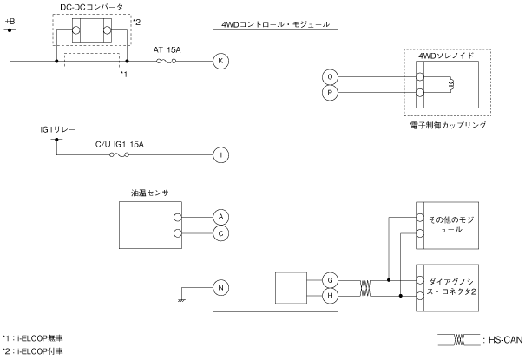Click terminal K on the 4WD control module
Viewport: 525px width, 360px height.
(x=220, y=62)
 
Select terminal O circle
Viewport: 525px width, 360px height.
(x=330, y=77)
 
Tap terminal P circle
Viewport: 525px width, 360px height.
(x=330, y=93)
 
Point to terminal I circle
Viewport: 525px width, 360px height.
(x=220, y=155)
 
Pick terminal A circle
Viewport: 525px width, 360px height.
(x=220, y=217)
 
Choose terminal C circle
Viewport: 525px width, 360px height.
(x=220, y=233)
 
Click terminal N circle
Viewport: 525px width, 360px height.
(x=220, y=288)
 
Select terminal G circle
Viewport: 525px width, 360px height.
(x=330, y=280)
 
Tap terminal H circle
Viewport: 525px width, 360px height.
(x=330, y=296)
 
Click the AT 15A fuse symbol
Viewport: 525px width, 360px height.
(x=167, y=61)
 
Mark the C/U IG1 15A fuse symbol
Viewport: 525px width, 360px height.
(x=120, y=154)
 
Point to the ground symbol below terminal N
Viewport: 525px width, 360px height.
(x=181, y=300)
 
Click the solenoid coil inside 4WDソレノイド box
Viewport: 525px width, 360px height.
(x=450, y=84)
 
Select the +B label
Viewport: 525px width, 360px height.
(x=10, y=22)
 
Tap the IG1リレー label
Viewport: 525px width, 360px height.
(x=58, y=130)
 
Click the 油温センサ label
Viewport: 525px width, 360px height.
(x=149, y=193)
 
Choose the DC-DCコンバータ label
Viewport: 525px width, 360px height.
(x=92, y=7)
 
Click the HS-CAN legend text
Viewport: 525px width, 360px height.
(x=505, y=340)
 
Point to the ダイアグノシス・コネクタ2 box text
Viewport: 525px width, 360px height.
(x=451, y=286)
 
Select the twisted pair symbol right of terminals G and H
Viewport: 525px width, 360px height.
(x=365, y=288)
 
